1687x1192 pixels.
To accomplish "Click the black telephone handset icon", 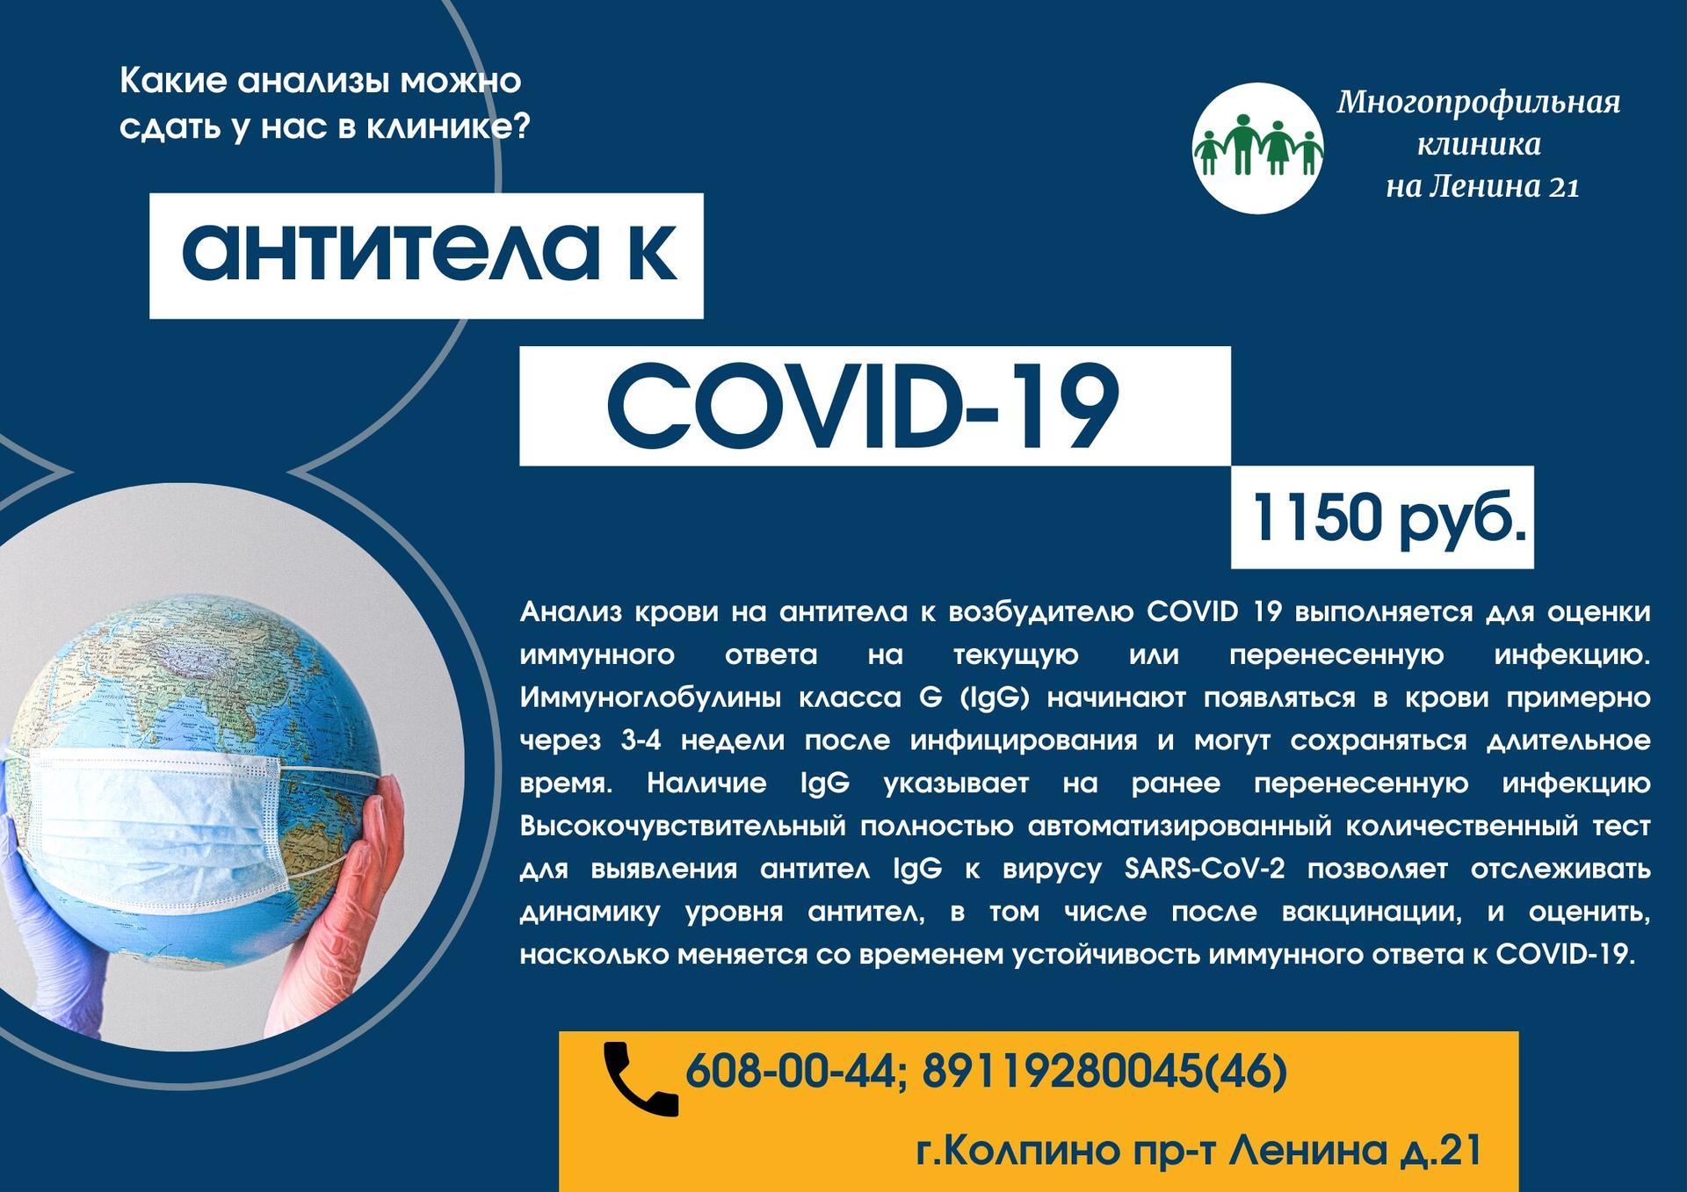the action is (x=640, y=1078).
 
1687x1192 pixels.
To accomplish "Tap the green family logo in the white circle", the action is (x=1257, y=148).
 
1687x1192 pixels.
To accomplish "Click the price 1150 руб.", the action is (x=1389, y=517).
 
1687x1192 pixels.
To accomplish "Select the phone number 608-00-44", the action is (x=789, y=1071).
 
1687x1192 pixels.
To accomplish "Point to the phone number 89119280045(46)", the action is (x=1104, y=1071).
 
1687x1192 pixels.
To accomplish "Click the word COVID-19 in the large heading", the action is (x=863, y=406).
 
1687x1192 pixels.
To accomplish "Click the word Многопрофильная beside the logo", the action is (x=1479, y=104).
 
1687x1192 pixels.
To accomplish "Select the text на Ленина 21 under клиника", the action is (x=1482, y=186).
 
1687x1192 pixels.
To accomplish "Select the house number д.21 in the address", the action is (x=1439, y=1150).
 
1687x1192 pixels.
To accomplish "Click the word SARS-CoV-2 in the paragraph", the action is (x=1205, y=869).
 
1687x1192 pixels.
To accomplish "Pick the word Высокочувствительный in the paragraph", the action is (x=683, y=827).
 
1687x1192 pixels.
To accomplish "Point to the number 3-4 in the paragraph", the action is (x=641, y=740).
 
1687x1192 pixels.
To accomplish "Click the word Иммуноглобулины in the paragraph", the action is (x=650, y=698).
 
